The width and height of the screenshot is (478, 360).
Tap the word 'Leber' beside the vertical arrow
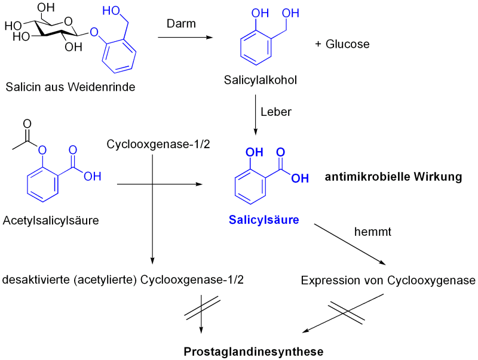[277, 112]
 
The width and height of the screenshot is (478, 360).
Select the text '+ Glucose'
[342, 45]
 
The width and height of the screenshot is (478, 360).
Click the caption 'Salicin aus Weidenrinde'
[70, 87]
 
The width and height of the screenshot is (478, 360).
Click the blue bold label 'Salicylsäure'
[263, 220]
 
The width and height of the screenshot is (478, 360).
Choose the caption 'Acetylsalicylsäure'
[51, 220]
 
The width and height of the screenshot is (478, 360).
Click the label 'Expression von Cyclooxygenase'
[388, 281]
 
